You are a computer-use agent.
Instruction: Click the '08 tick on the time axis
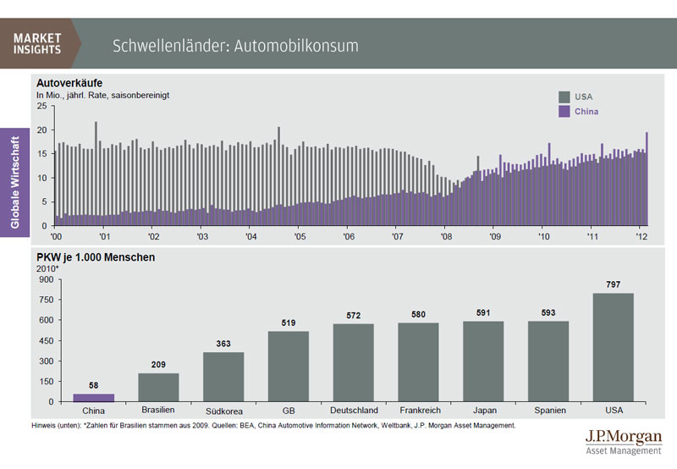click(447, 236)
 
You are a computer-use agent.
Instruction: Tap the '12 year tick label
click(642, 236)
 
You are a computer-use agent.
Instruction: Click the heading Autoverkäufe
click(69, 82)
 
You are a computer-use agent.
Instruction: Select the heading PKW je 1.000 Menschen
click(95, 257)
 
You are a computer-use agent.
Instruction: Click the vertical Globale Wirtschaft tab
click(15, 180)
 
